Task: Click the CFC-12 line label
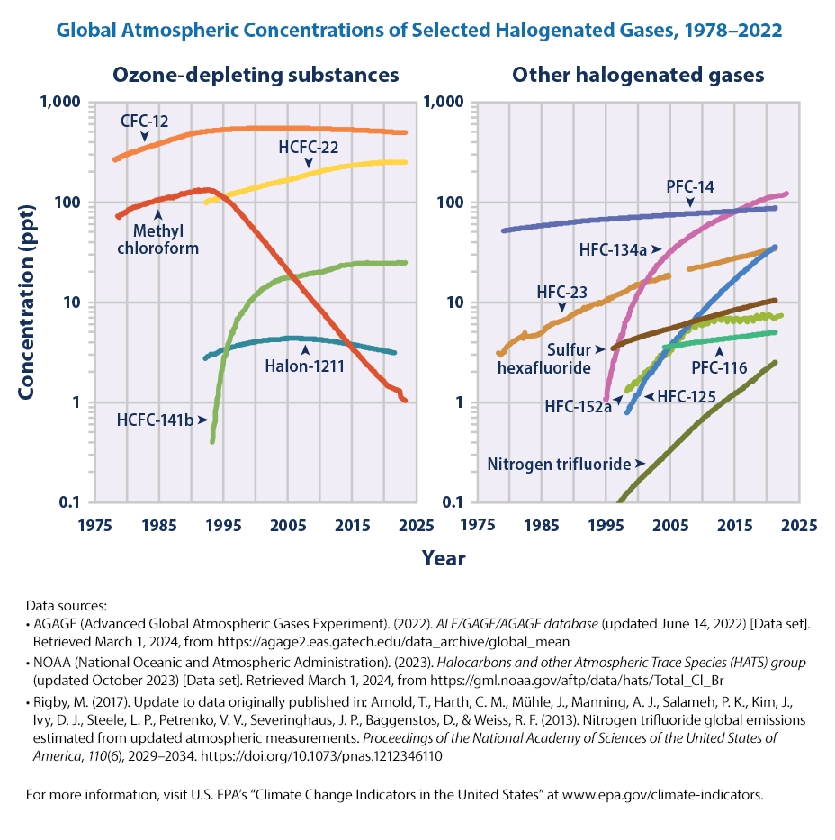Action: pos(145,121)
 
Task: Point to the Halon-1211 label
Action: pos(305,366)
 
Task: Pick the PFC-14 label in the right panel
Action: pos(691,186)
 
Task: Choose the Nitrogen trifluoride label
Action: pos(560,465)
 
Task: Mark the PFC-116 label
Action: pos(718,366)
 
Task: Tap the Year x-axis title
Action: pos(444,558)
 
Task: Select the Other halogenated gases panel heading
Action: pos(638,74)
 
